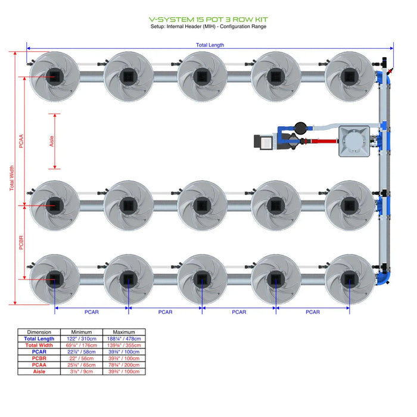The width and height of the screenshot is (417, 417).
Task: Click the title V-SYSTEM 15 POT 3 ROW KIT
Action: click(208, 19)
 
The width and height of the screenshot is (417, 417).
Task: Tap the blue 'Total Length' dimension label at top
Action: click(210, 45)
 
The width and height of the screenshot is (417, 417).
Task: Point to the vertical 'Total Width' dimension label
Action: click(12, 178)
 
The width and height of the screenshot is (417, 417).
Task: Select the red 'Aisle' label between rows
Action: click(51, 141)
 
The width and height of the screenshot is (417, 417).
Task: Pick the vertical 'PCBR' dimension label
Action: click(21, 242)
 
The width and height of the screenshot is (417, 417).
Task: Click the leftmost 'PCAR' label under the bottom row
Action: click(92, 312)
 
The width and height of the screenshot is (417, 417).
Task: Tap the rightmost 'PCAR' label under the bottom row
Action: click(313, 312)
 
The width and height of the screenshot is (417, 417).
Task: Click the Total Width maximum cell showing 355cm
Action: click(124, 345)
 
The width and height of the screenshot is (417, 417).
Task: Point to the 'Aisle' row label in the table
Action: click(39, 371)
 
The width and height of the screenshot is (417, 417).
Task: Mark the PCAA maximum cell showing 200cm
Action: click(124, 365)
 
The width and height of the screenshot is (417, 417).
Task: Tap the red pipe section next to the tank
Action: click(313, 142)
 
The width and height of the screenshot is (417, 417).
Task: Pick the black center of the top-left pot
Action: click(55, 76)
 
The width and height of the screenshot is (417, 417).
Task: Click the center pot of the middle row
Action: click(202, 205)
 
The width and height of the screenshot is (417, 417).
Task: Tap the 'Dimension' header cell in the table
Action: click(39, 332)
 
